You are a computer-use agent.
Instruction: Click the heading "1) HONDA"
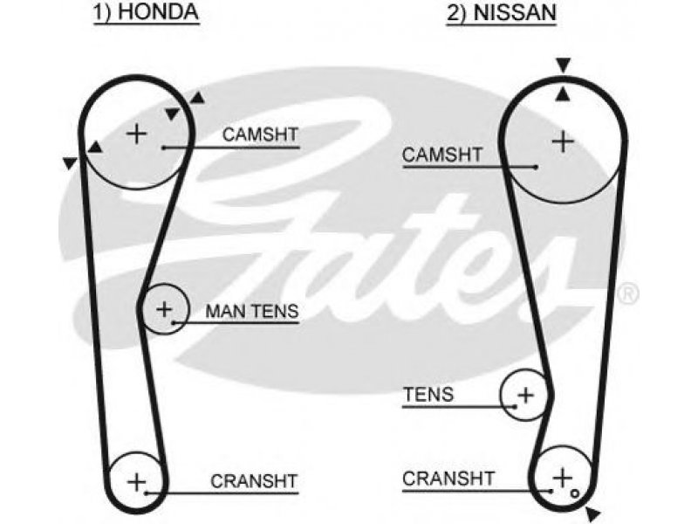tap(146, 11)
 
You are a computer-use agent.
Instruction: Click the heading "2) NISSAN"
tap(502, 12)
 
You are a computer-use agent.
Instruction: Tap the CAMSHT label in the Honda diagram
tap(260, 134)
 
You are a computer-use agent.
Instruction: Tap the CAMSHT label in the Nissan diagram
tap(442, 155)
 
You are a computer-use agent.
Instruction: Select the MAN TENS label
tap(252, 311)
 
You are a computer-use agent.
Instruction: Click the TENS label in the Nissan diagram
tap(428, 395)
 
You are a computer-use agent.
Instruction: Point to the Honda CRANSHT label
tap(254, 481)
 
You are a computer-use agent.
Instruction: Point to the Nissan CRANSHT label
tap(448, 479)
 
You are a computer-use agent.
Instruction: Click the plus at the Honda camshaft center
tap(137, 134)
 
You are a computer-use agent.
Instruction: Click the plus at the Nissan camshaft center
tap(563, 141)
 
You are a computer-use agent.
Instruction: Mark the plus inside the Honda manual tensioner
tap(164, 309)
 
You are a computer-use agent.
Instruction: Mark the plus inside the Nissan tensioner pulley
tap(526, 395)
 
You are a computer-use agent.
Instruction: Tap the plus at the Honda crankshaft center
tap(137, 482)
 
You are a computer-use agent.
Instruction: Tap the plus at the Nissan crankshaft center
tap(562, 477)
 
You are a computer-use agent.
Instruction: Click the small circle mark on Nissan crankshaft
tap(575, 493)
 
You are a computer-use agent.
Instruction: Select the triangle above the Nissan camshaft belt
tap(563, 65)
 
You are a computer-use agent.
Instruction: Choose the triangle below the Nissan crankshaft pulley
tap(593, 514)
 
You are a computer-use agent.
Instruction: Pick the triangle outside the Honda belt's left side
tap(70, 163)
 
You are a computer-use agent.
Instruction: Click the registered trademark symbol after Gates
tap(628, 293)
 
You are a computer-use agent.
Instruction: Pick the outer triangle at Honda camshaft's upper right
tap(197, 98)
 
